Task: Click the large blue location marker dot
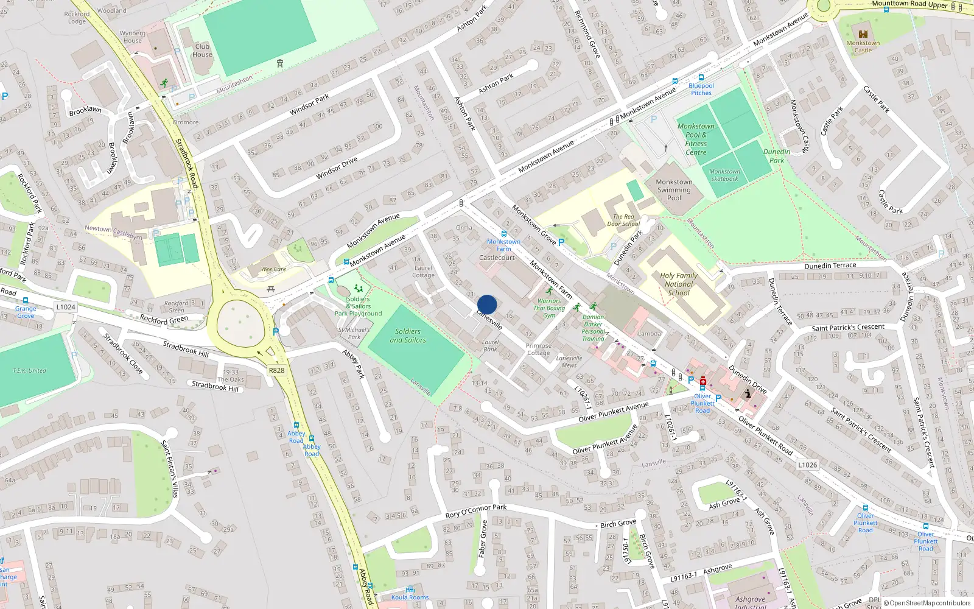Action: click(x=487, y=304)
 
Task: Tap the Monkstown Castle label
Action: click(x=863, y=46)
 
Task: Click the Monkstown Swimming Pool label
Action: click(x=674, y=189)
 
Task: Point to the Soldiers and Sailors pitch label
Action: click(x=408, y=336)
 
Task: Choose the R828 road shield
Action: click(x=276, y=370)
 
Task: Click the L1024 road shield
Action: click(x=66, y=307)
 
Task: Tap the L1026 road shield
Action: click(x=808, y=465)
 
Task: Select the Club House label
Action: click(x=202, y=50)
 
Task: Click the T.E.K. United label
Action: click(x=29, y=370)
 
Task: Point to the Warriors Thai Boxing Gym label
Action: click(x=549, y=308)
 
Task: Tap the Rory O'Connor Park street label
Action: click(x=475, y=511)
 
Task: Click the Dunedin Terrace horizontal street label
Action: click(x=830, y=266)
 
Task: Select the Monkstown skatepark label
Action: click(x=724, y=175)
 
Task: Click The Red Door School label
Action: click(x=623, y=220)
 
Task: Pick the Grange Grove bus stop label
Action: click(x=26, y=312)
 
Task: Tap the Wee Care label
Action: click(x=273, y=269)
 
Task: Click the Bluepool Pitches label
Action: click(x=701, y=89)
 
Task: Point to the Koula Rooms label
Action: click(x=410, y=597)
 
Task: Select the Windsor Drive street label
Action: click(x=337, y=169)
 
